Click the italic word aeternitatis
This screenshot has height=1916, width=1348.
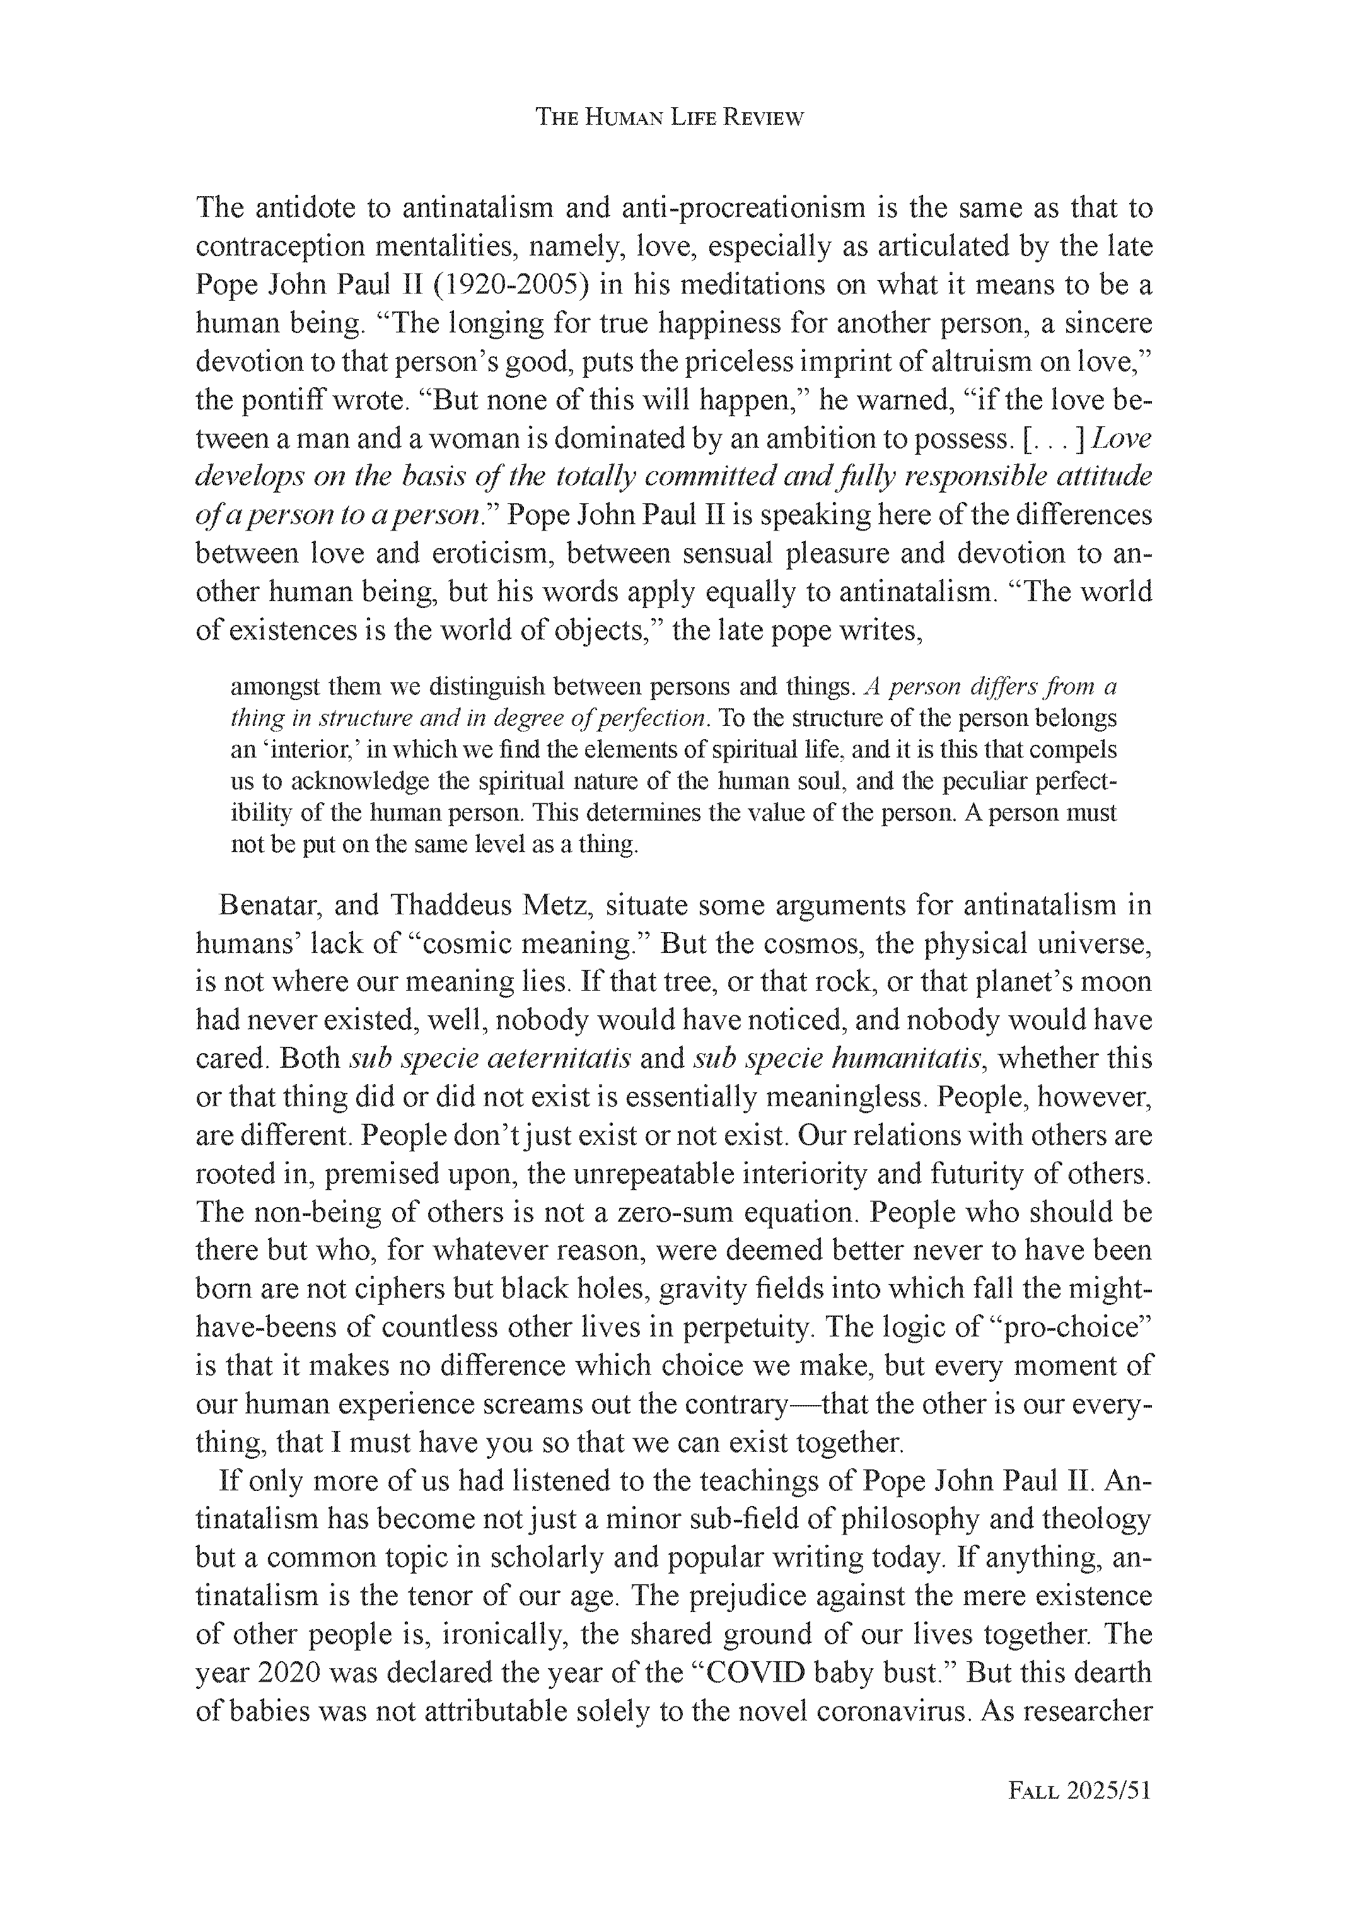557,1058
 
